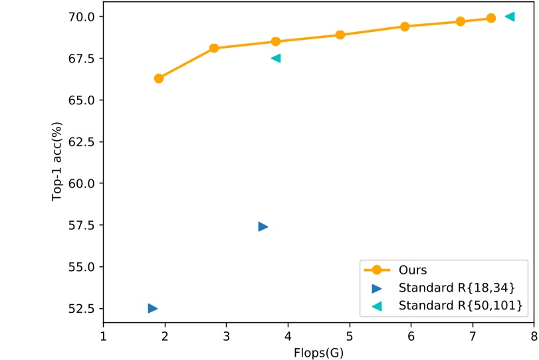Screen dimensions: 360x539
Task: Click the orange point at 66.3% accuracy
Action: click(159, 78)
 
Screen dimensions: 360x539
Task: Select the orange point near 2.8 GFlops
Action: click(214, 48)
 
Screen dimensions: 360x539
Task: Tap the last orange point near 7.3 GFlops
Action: click(491, 18)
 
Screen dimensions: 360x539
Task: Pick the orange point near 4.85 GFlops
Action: click(340, 35)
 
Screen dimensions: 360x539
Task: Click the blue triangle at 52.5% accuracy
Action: click(153, 308)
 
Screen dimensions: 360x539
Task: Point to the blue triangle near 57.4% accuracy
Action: click(263, 226)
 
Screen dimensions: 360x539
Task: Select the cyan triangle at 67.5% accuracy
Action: click(276, 58)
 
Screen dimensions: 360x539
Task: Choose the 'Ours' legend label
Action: click(412, 270)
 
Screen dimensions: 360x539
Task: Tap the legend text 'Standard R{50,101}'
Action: click(460, 306)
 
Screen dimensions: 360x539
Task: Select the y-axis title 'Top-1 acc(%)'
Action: click(58, 161)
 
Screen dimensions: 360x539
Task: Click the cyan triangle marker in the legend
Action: click(377, 306)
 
